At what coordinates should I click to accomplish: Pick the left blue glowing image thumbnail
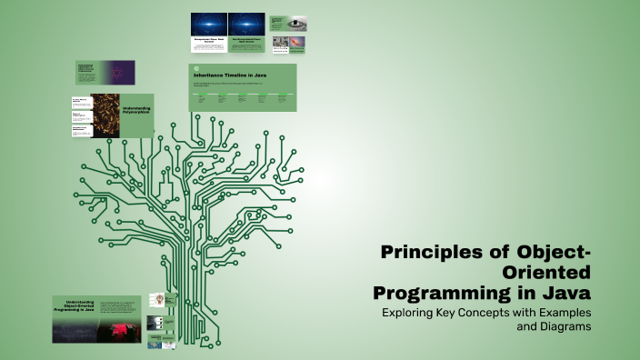(209, 25)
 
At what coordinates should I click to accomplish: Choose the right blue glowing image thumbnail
(246, 25)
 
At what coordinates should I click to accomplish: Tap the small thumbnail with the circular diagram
(156, 300)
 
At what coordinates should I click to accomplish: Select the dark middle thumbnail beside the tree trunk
(156, 323)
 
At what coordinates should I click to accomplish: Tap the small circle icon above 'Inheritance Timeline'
(195, 67)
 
